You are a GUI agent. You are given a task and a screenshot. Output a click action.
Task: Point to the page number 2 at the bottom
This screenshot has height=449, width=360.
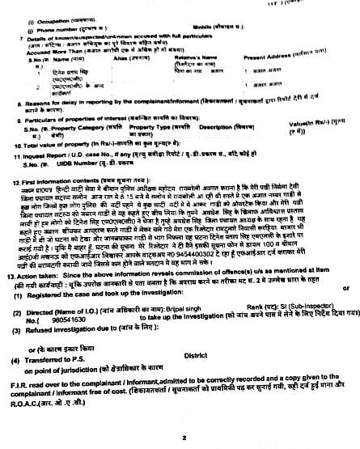(184, 439)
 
